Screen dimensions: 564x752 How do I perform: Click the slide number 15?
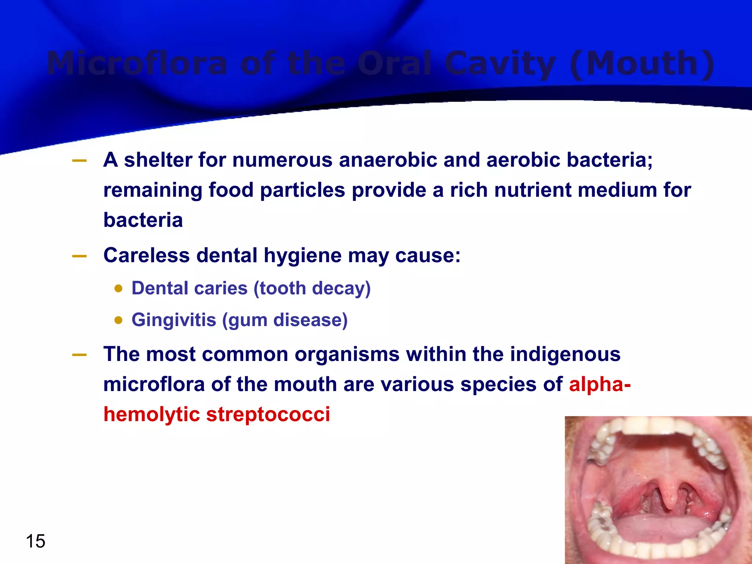[x=36, y=541]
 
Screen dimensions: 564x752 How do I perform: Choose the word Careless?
[x=147, y=255]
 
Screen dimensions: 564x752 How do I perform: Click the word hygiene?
[x=303, y=256]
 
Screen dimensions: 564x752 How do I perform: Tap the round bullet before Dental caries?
[x=118, y=288]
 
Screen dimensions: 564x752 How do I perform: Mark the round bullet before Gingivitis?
[x=118, y=320]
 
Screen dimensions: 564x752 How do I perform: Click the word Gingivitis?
[x=174, y=320]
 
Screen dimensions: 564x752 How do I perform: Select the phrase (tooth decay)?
[x=312, y=288]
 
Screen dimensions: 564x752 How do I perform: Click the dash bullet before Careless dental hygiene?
[x=79, y=256]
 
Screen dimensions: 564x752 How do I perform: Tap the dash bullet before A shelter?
[x=79, y=160]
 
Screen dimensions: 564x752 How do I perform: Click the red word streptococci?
[x=268, y=414]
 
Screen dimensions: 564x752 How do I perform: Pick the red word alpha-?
[x=600, y=384]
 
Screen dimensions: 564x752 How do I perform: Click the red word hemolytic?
[x=151, y=414]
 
